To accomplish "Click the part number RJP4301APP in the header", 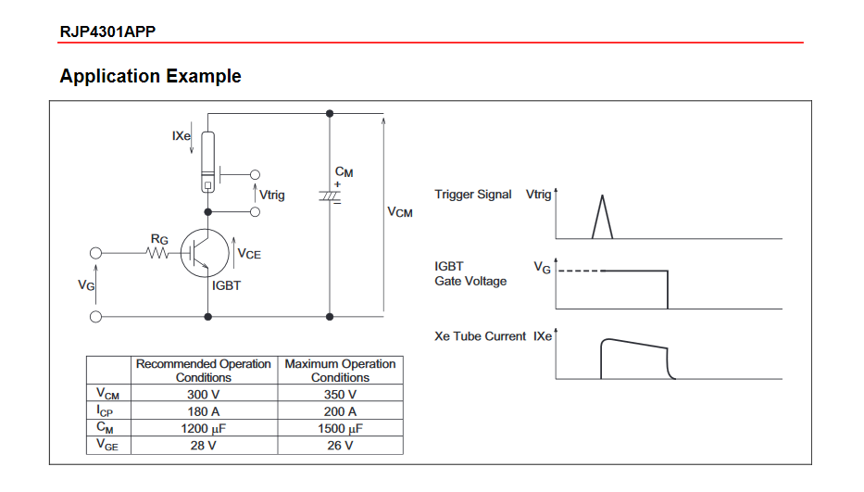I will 107,32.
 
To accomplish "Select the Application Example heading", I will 150,76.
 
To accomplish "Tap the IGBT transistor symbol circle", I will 203,251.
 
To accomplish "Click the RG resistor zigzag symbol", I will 157,251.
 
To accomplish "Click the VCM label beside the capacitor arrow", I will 400,212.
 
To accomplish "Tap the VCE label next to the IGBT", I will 249,253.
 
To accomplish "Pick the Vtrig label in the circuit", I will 271,195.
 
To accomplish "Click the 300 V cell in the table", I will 203,394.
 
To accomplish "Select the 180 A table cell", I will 203,410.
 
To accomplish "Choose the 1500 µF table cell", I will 340,428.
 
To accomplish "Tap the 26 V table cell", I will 340,446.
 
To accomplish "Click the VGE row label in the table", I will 108,446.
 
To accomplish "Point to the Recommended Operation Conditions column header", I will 203,371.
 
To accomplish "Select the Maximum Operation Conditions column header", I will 340,371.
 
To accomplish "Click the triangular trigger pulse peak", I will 602,196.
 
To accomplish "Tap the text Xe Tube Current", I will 480,336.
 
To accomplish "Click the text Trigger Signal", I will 472,195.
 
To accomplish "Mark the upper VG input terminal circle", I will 94,252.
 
